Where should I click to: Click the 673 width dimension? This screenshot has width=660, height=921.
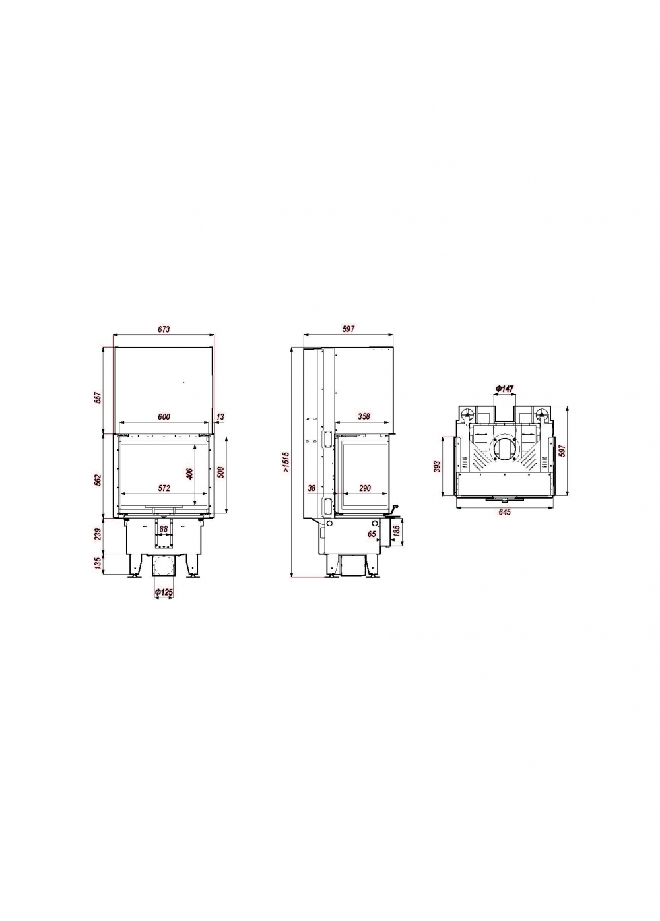pyautogui.click(x=163, y=329)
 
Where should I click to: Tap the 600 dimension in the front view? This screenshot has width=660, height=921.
pyautogui.click(x=163, y=416)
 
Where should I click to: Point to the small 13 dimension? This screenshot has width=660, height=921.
pyautogui.click(x=220, y=416)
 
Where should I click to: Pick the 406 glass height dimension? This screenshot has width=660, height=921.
pyautogui.click(x=189, y=473)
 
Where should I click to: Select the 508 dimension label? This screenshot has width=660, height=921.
pyautogui.click(x=220, y=472)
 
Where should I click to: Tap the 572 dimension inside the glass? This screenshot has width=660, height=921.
pyautogui.click(x=164, y=488)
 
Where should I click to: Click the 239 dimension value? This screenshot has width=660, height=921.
pyautogui.click(x=98, y=534)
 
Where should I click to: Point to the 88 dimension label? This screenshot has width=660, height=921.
pyautogui.click(x=164, y=529)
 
